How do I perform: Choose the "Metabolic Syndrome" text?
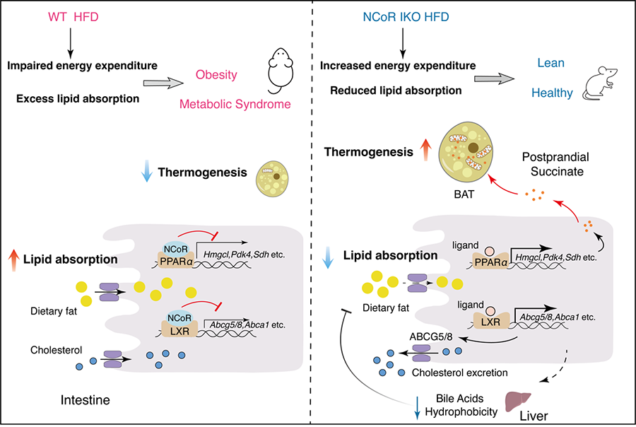coord(225,105)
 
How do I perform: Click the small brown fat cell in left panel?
coord(275,175)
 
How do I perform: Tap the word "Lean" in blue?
coord(550,63)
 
